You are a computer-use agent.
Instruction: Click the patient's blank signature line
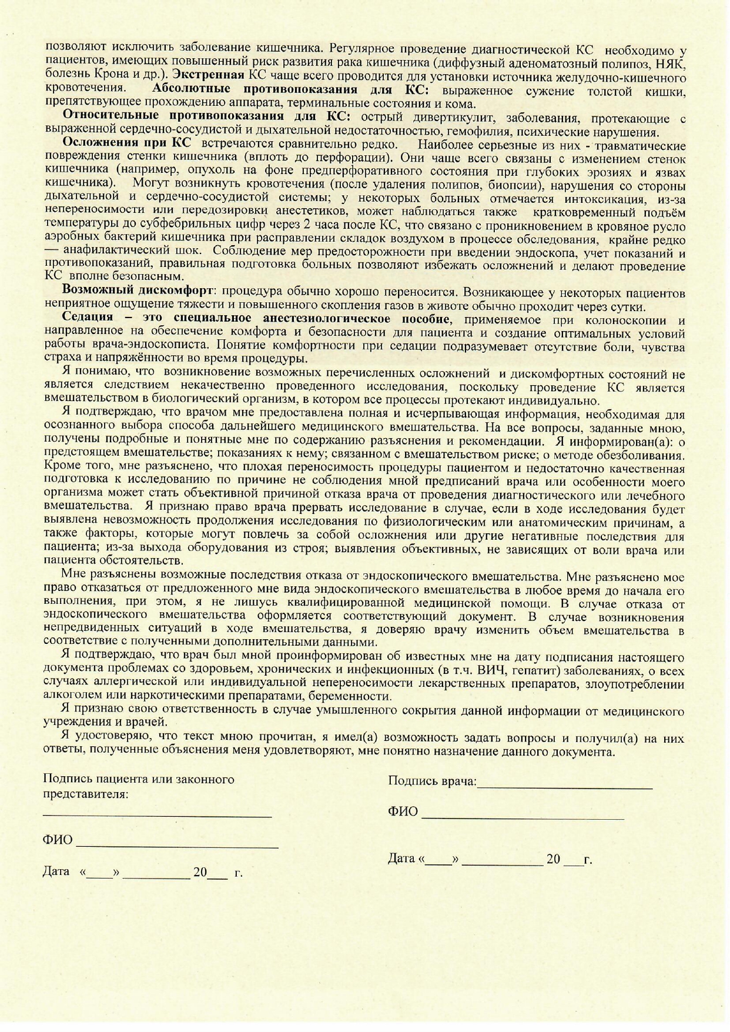pos(157,815)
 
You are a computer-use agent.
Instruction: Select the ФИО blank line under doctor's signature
pos(523,817)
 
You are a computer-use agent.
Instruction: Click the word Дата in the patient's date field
pos(56,871)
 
